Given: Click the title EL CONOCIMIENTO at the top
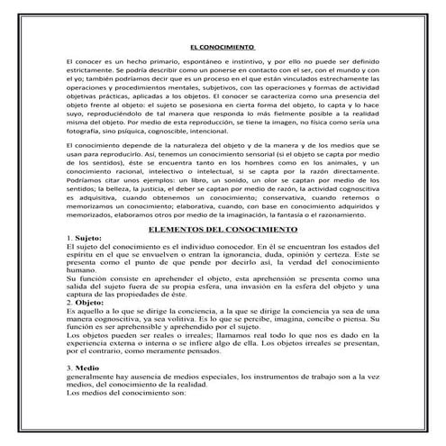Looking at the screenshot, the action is pyautogui.click(x=223, y=46).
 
